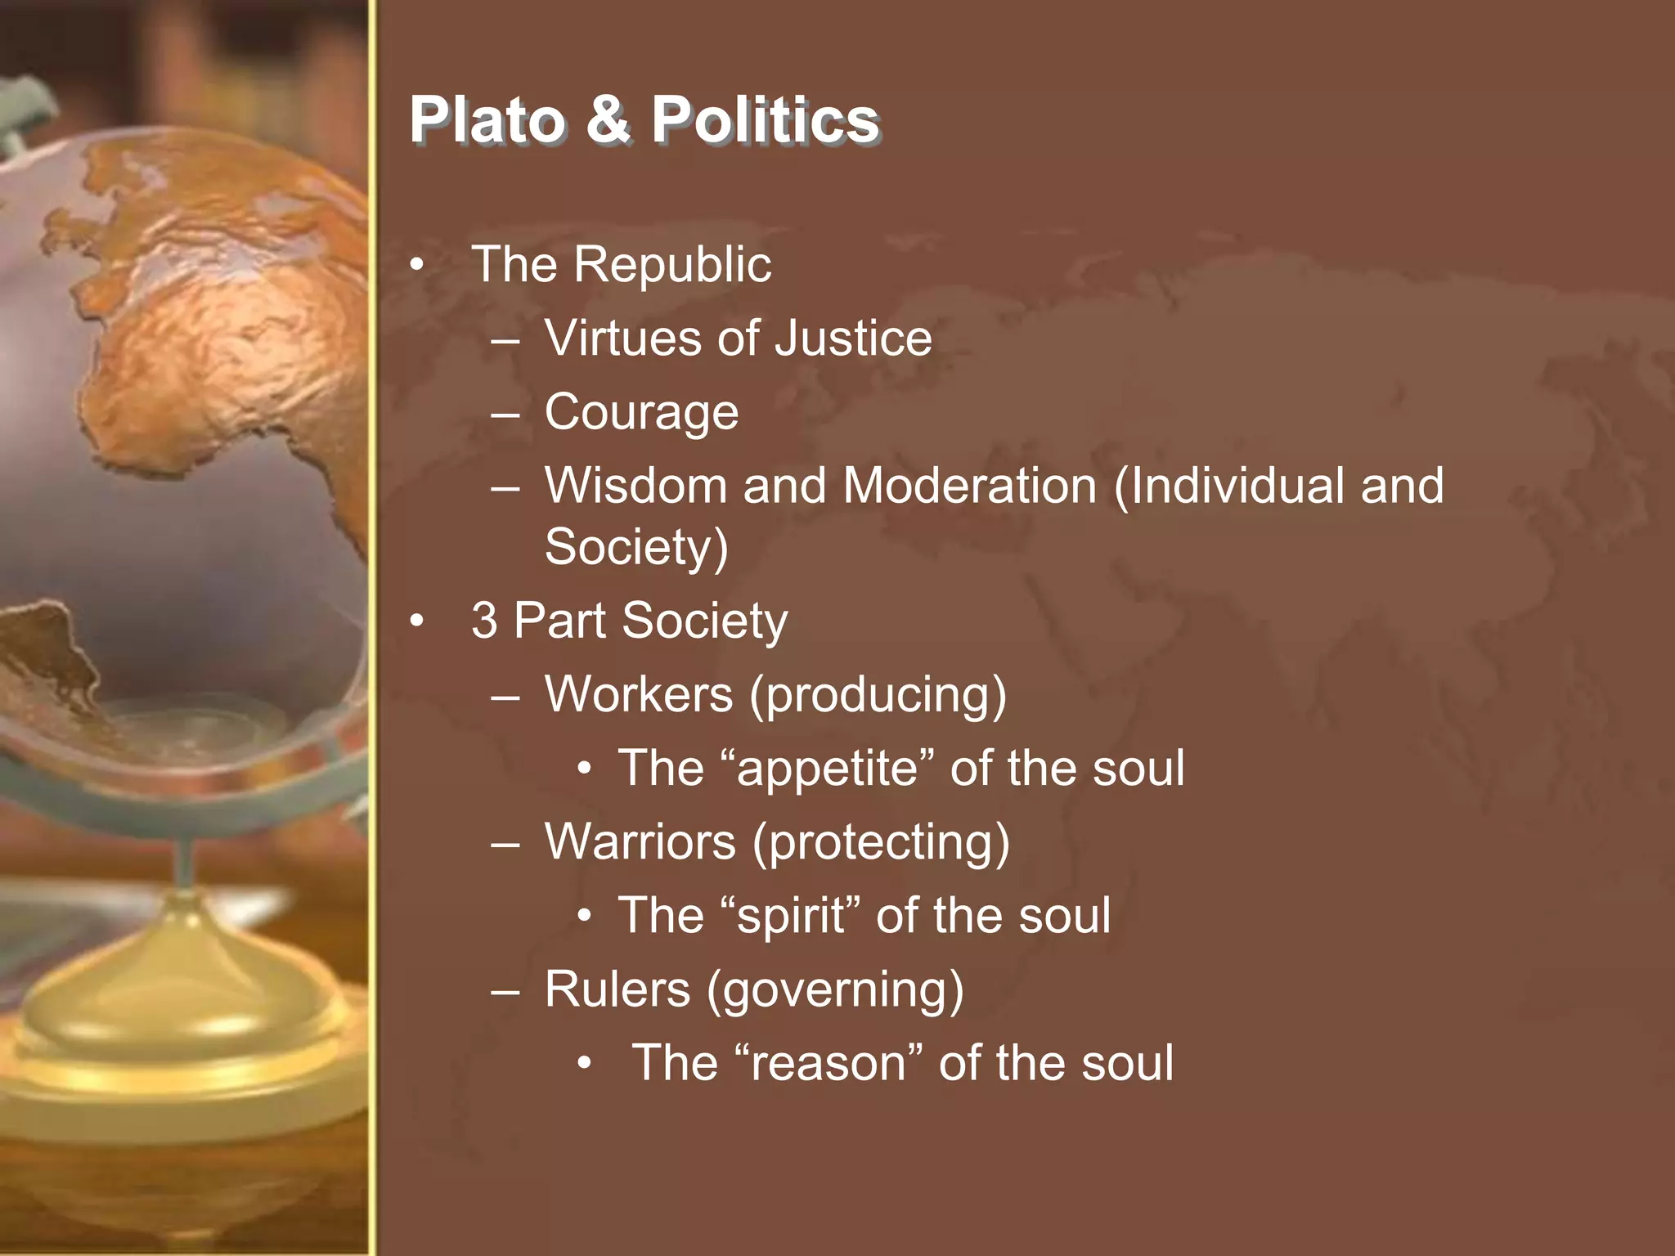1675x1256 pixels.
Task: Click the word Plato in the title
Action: point(487,120)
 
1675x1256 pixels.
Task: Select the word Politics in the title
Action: point(765,120)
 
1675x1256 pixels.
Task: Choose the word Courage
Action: point(641,412)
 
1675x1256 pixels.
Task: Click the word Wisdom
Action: point(635,486)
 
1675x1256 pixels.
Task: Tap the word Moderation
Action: point(969,486)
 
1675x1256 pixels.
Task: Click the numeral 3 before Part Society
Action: point(484,621)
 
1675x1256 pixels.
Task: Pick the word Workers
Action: point(639,694)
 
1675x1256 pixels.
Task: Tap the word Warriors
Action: point(640,841)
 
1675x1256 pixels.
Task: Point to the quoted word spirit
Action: point(791,916)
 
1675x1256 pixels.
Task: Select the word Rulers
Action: point(617,989)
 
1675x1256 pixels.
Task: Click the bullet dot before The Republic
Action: point(418,266)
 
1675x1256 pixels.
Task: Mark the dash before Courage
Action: point(505,414)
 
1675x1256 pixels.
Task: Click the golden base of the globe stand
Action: point(180,1055)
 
